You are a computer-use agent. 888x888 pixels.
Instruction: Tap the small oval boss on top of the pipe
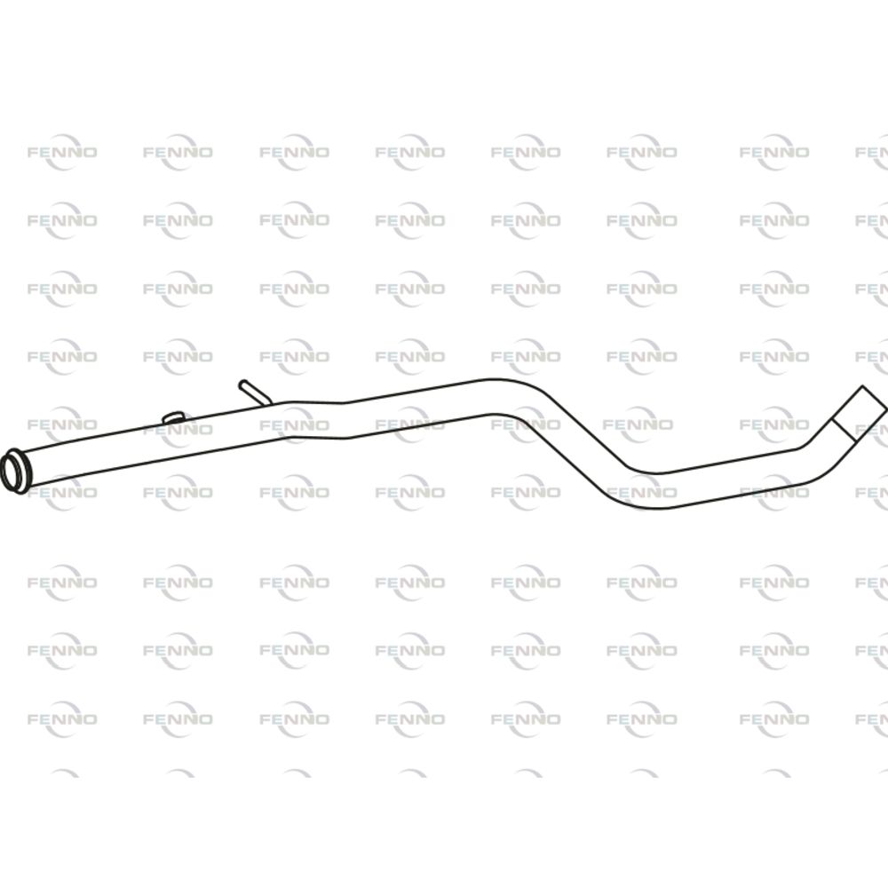(173, 418)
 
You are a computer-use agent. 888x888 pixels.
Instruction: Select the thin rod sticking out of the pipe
(255, 392)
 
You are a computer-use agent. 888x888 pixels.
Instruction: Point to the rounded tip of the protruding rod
(243, 384)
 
